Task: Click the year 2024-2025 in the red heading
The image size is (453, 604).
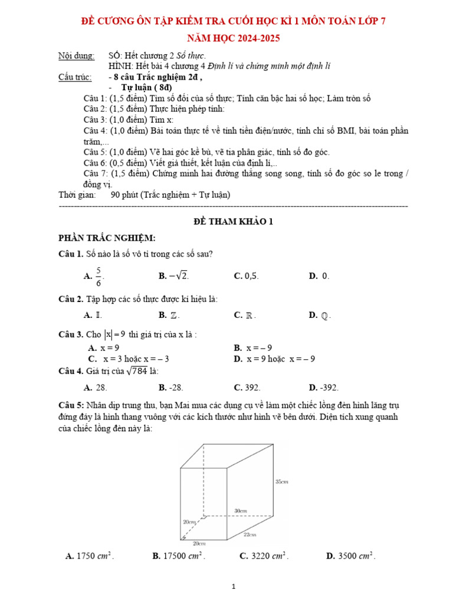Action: coord(254,38)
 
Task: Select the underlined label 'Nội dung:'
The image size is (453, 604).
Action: coord(76,55)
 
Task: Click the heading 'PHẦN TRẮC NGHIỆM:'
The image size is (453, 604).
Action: coord(107,238)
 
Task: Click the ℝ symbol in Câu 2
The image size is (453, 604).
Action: coord(251,315)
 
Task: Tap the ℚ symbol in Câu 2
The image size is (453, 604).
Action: coord(326,315)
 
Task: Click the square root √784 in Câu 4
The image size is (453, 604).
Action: coord(134,371)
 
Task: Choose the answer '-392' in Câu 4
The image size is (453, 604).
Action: coord(329,388)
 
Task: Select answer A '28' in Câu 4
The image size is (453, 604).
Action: coord(101,388)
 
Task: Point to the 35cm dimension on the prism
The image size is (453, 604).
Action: coord(281,481)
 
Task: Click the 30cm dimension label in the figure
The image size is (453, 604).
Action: coord(240,510)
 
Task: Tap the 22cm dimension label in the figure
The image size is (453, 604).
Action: coord(250,534)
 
